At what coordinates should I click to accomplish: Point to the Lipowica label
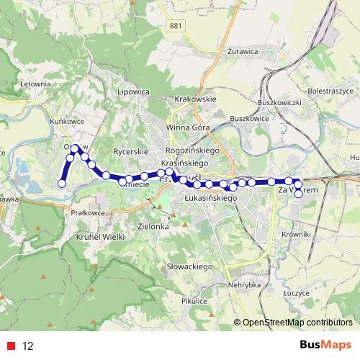[x=132, y=92]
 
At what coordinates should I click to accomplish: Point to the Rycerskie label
[x=130, y=152]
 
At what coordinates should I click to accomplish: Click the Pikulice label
[x=194, y=301]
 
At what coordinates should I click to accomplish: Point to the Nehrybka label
[x=243, y=285]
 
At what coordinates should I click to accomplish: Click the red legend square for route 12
[x=11, y=345]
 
